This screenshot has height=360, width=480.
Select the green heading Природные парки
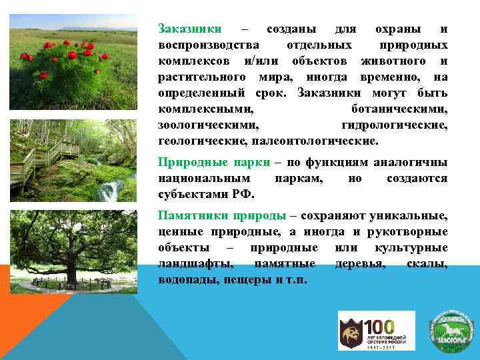point(214,162)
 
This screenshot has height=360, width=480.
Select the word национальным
point(205,179)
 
